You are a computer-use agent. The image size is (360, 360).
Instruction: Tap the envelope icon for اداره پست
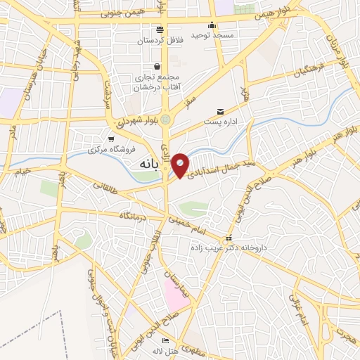(221, 111)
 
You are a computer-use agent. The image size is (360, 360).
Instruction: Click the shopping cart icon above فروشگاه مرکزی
(110, 139)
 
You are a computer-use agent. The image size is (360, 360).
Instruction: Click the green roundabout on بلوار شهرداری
(166, 120)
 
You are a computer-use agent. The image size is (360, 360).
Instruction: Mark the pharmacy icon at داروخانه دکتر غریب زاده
(228, 238)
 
